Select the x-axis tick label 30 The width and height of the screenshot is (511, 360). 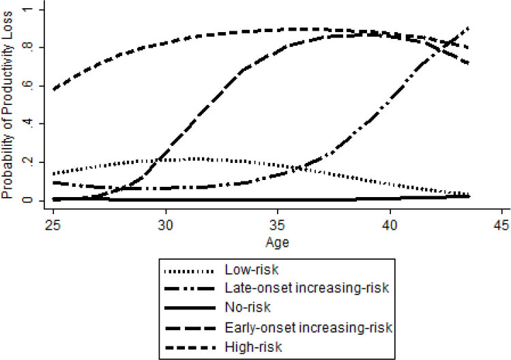165,226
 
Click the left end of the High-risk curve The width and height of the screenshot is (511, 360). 53,89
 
